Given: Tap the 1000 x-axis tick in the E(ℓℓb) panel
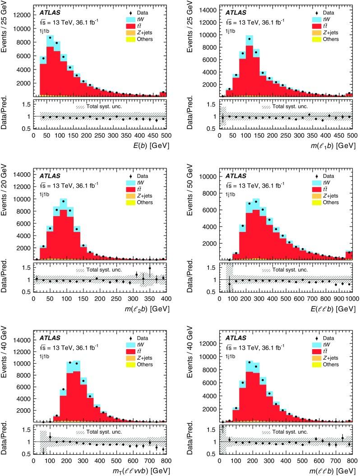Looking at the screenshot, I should [x=352, y=298].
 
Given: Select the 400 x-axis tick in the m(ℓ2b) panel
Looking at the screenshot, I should [x=166, y=298].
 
